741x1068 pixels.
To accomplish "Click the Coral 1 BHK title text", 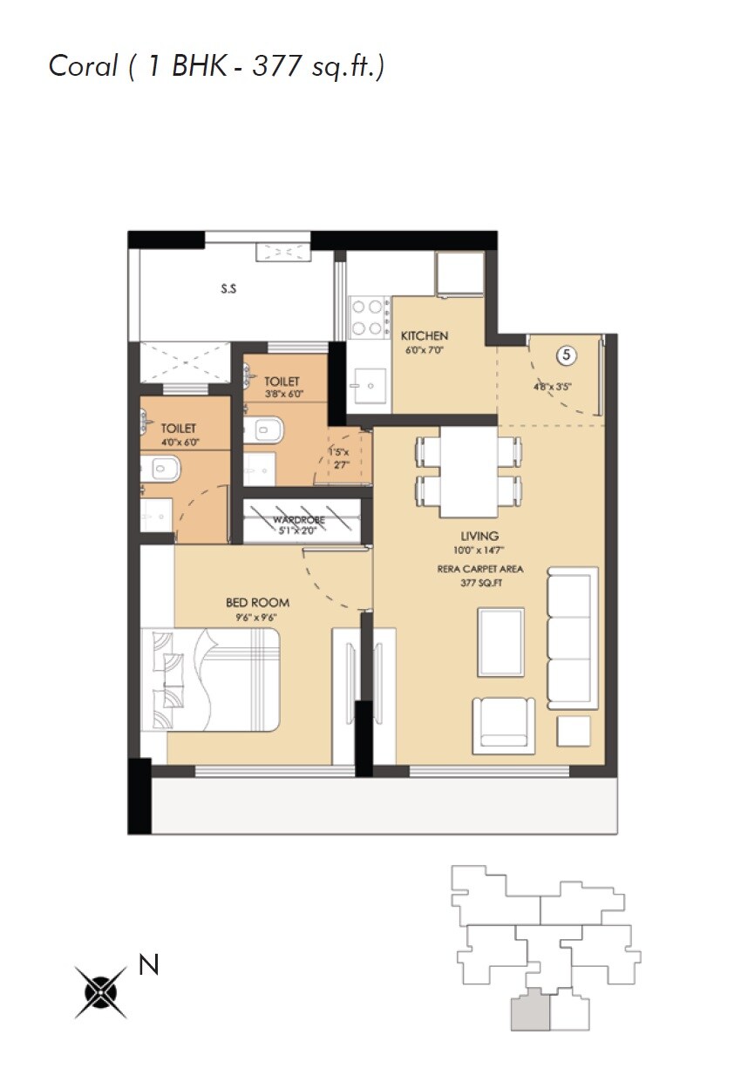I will click(216, 66).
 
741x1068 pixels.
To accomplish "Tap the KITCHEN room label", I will click(424, 335).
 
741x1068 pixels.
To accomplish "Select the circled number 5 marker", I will click(567, 355).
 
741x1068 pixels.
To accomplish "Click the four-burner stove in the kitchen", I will click(369, 317).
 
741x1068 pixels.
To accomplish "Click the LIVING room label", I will click(480, 536).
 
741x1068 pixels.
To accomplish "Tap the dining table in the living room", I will click(468, 470).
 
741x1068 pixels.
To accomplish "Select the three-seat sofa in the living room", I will click(573, 638).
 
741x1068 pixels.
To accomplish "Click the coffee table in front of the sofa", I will click(501, 642).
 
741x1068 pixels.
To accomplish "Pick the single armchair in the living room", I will click(503, 724).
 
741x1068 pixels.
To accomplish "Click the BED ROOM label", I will click(257, 602).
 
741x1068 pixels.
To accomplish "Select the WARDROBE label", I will click(299, 520).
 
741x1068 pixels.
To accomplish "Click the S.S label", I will click(228, 289).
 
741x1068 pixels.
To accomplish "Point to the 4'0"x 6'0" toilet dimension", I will click(179, 442).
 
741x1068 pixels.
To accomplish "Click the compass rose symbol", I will click(100, 992).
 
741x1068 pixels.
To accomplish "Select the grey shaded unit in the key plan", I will click(530, 1011).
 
